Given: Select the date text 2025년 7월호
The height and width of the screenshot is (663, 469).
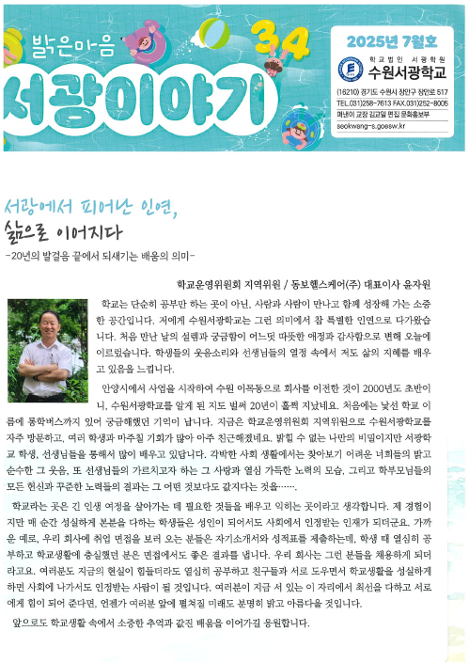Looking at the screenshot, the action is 392,40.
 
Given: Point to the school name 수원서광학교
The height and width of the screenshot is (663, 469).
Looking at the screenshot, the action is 405,71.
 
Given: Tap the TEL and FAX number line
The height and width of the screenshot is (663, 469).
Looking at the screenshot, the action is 393,101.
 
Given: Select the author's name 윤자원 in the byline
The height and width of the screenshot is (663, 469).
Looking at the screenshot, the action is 442,283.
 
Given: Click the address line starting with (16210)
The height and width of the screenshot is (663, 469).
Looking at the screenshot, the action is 392,90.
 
